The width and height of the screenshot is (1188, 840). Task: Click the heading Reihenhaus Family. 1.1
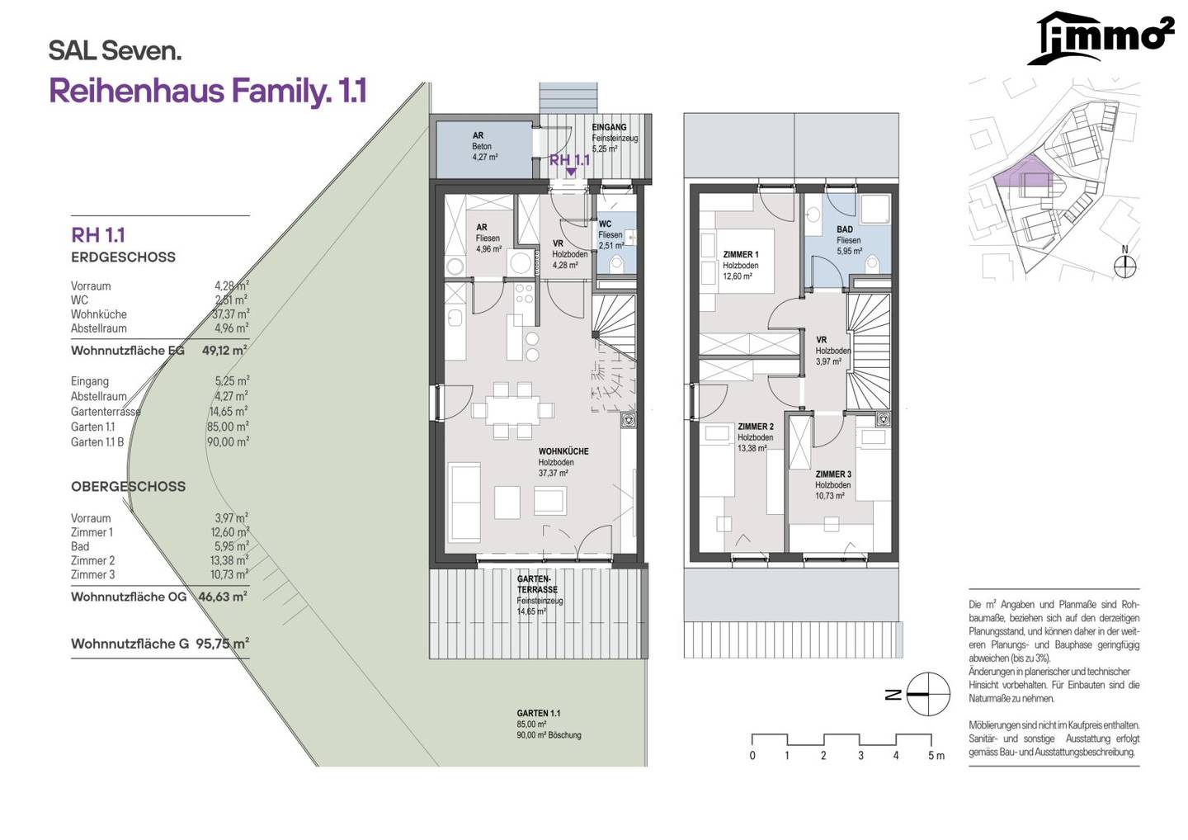[x=208, y=92]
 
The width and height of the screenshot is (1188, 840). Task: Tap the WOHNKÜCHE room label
[x=563, y=451]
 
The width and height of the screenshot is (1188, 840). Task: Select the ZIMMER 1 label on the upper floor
[x=740, y=254]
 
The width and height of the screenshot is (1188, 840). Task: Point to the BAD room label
[x=844, y=229]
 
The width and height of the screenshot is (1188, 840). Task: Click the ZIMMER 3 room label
[x=832, y=474]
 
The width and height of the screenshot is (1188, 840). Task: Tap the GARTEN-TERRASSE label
[x=537, y=584]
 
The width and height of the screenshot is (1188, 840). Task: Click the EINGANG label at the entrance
[x=609, y=127]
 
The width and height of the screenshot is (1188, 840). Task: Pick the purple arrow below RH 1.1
[x=571, y=172]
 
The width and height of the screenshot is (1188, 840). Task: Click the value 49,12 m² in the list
[x=224, y=351]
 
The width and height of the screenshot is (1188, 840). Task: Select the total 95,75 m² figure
[x=222, y=644]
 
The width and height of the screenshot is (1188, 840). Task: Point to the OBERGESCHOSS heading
[x=129, y=487]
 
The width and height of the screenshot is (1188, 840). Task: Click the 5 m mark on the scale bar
[x=936, y=756]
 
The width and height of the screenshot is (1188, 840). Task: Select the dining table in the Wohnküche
[x=513, y=410]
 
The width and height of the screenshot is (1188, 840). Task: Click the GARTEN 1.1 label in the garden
[x=538, y=713]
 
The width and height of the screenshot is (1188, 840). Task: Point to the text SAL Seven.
[x=115, y=51]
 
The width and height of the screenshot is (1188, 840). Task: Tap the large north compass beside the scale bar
[x=927, y=694]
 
